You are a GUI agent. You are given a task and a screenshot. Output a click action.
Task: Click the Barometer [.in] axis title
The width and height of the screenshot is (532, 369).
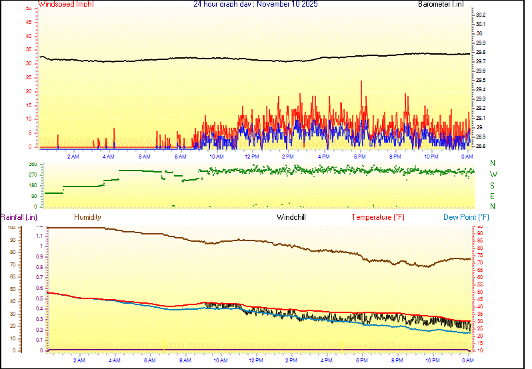(x=441, y=4)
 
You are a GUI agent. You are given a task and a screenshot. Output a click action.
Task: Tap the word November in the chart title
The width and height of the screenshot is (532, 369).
(x=275, y=4)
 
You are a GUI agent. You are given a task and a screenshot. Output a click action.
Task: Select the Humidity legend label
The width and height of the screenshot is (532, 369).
(x=87, y=217)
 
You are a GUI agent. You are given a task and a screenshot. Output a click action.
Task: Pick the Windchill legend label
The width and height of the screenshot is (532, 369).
(x=291, y=217)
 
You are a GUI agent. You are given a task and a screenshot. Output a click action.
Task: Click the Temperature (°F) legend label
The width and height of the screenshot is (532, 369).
(x=378, y=217)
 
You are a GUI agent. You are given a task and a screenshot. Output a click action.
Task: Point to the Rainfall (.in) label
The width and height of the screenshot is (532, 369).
(x=19, y=217)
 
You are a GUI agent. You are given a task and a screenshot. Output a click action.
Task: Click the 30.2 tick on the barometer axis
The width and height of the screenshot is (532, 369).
(x=481, y=15)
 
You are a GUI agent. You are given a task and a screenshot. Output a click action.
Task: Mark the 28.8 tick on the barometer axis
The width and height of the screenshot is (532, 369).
(x=481, y=146)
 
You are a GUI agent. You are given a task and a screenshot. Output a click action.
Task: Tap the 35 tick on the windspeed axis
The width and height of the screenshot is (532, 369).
(x=28, y=50)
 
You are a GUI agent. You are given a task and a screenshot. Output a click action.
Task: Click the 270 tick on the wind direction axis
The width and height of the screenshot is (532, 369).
(x=32, y=175)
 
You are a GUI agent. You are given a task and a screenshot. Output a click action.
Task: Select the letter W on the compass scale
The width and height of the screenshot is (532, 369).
(x=493, y=175)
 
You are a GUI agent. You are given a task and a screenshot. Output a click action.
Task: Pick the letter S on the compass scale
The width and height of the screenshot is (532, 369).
(x=493, y=185)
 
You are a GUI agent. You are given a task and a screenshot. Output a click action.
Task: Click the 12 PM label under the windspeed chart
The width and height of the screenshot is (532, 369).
(x=252, y=157)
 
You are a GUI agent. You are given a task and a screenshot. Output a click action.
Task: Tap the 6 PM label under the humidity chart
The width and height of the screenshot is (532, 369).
(x=362, y=360)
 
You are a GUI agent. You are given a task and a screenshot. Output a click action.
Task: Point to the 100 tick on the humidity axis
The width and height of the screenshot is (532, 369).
(x=10, y=227)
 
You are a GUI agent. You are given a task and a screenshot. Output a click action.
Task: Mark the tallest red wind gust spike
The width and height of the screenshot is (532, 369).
(x=361, y=82)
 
